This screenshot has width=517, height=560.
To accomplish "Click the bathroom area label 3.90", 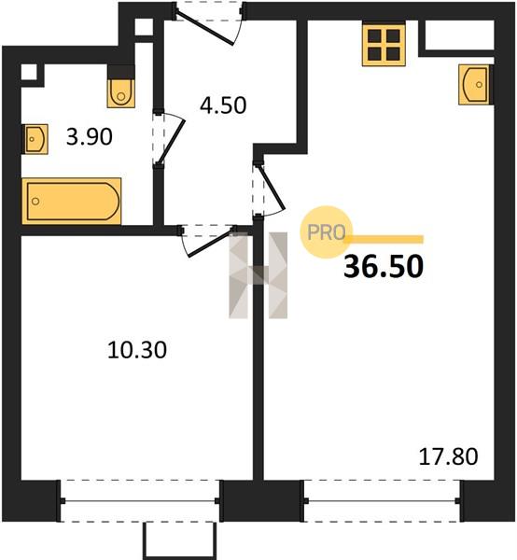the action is (x=90, y=137).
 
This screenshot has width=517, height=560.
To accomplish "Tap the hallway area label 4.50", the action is (x=223, y=105).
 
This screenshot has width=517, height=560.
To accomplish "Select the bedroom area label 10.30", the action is (x=137, y=350).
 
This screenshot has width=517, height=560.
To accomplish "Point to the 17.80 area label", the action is (x=448, y=456).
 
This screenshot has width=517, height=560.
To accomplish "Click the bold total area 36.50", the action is (x=384, y=267).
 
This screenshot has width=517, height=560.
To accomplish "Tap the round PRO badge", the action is (x=326, y=232).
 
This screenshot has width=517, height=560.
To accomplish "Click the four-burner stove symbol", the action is (x=384, y=45).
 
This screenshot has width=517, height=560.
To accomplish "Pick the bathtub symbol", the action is (x=72, y=201).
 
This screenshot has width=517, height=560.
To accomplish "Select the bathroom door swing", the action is (x=170, y=140).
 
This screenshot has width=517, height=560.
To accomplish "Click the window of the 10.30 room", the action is (x=140, y=501).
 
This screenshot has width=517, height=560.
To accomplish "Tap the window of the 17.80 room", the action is (x=382, y=501).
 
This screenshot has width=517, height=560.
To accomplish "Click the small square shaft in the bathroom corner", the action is (x=29, y=73).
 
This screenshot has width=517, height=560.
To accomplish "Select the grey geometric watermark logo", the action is (x=258, y=275).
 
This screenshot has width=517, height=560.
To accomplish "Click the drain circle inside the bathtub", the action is (x=35, y=202).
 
